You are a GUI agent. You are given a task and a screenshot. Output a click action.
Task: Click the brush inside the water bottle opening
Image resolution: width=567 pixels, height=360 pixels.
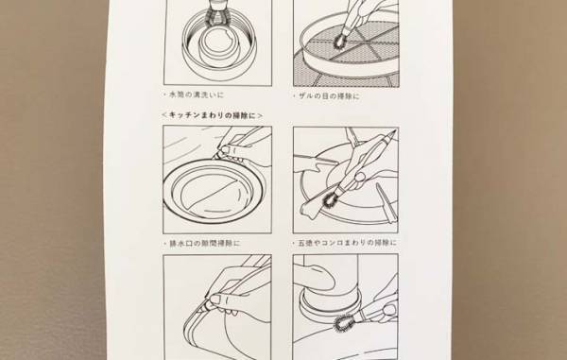[x=218, y=13]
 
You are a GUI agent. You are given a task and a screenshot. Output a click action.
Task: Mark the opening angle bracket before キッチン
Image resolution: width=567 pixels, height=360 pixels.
[x=165, y=113]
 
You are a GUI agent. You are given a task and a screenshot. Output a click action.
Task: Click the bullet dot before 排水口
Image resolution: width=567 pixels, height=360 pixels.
[x=167, y=242]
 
